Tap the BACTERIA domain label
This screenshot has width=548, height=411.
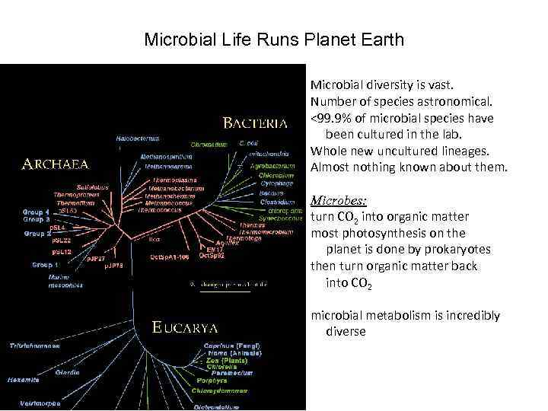point(255,122)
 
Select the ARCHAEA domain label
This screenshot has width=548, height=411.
point(55,163)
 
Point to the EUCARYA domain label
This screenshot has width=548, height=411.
point(185,328)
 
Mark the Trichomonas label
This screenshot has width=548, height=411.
point(34,345)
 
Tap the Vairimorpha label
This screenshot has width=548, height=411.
point(36,403)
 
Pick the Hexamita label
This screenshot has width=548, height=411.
point(24,378)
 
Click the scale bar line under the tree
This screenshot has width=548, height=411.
point(220,292)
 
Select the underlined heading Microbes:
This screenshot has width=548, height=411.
point(339,202)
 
